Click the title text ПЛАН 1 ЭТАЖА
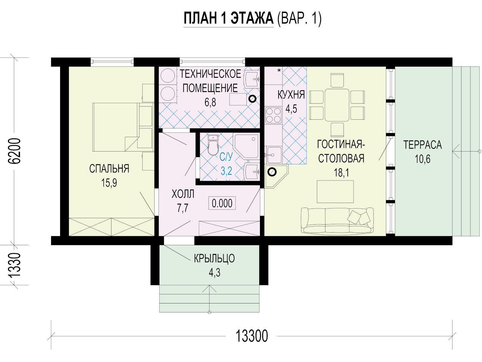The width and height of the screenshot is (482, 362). tap(228, 18)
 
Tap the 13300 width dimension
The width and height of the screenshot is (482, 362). tap(252, 336)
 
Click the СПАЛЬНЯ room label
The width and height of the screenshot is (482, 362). tap(109, 169)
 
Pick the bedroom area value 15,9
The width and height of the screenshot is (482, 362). tap(109, 183)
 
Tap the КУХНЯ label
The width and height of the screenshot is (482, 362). tap(291, 95)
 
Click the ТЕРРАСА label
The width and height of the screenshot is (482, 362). tap(423, 145)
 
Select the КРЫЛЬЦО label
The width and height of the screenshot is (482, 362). tap(214, 258)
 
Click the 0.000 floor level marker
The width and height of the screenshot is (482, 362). tap(222, 203)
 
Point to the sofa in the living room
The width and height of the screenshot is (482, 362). tap(337, 220)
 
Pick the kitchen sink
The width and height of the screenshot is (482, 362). tap(273, 155)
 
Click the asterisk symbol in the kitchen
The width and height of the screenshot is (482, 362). tap(279, 71)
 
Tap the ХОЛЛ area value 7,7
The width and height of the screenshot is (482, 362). tap(183, 208)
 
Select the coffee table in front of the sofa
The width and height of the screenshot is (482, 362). tap(335, 191)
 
